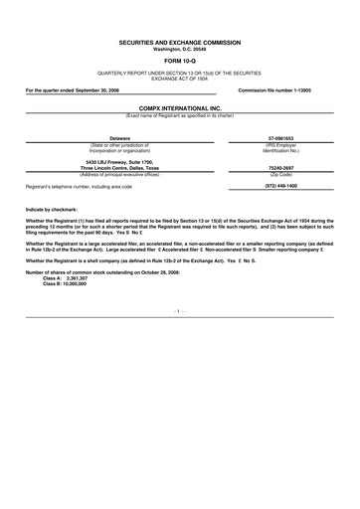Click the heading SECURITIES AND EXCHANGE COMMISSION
[x=180, y=45]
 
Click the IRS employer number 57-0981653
[x=286, y=138]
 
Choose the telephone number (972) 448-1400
[x=286, y=186]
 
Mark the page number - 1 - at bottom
[x=180, y=310]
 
